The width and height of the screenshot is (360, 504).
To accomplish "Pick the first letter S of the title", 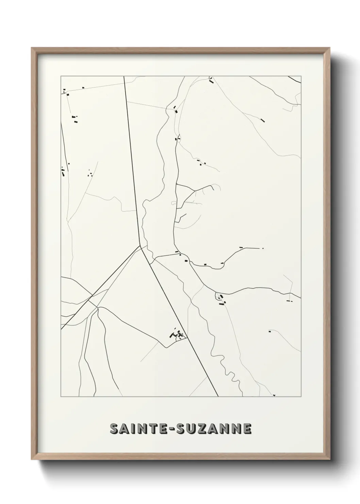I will (x=114, y=429).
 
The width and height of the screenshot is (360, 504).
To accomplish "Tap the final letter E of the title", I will (x=247, y=429).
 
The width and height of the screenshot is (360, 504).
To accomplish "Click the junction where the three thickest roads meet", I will (x=140, y=245).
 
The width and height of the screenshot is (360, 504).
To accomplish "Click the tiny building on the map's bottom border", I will (x=274, y=395).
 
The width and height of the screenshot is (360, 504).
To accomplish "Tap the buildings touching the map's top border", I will (x=211, y=80).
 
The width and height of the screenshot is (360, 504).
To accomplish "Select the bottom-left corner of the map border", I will (x=61, y=397).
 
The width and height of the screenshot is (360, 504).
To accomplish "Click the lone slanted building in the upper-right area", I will (x=262, y=120).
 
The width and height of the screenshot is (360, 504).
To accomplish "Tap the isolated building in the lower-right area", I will (x=270, y=331).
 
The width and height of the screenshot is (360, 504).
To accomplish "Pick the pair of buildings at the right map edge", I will (x=290, y=301).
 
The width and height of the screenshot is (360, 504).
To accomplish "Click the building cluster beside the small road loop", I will (x=221, y=300).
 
